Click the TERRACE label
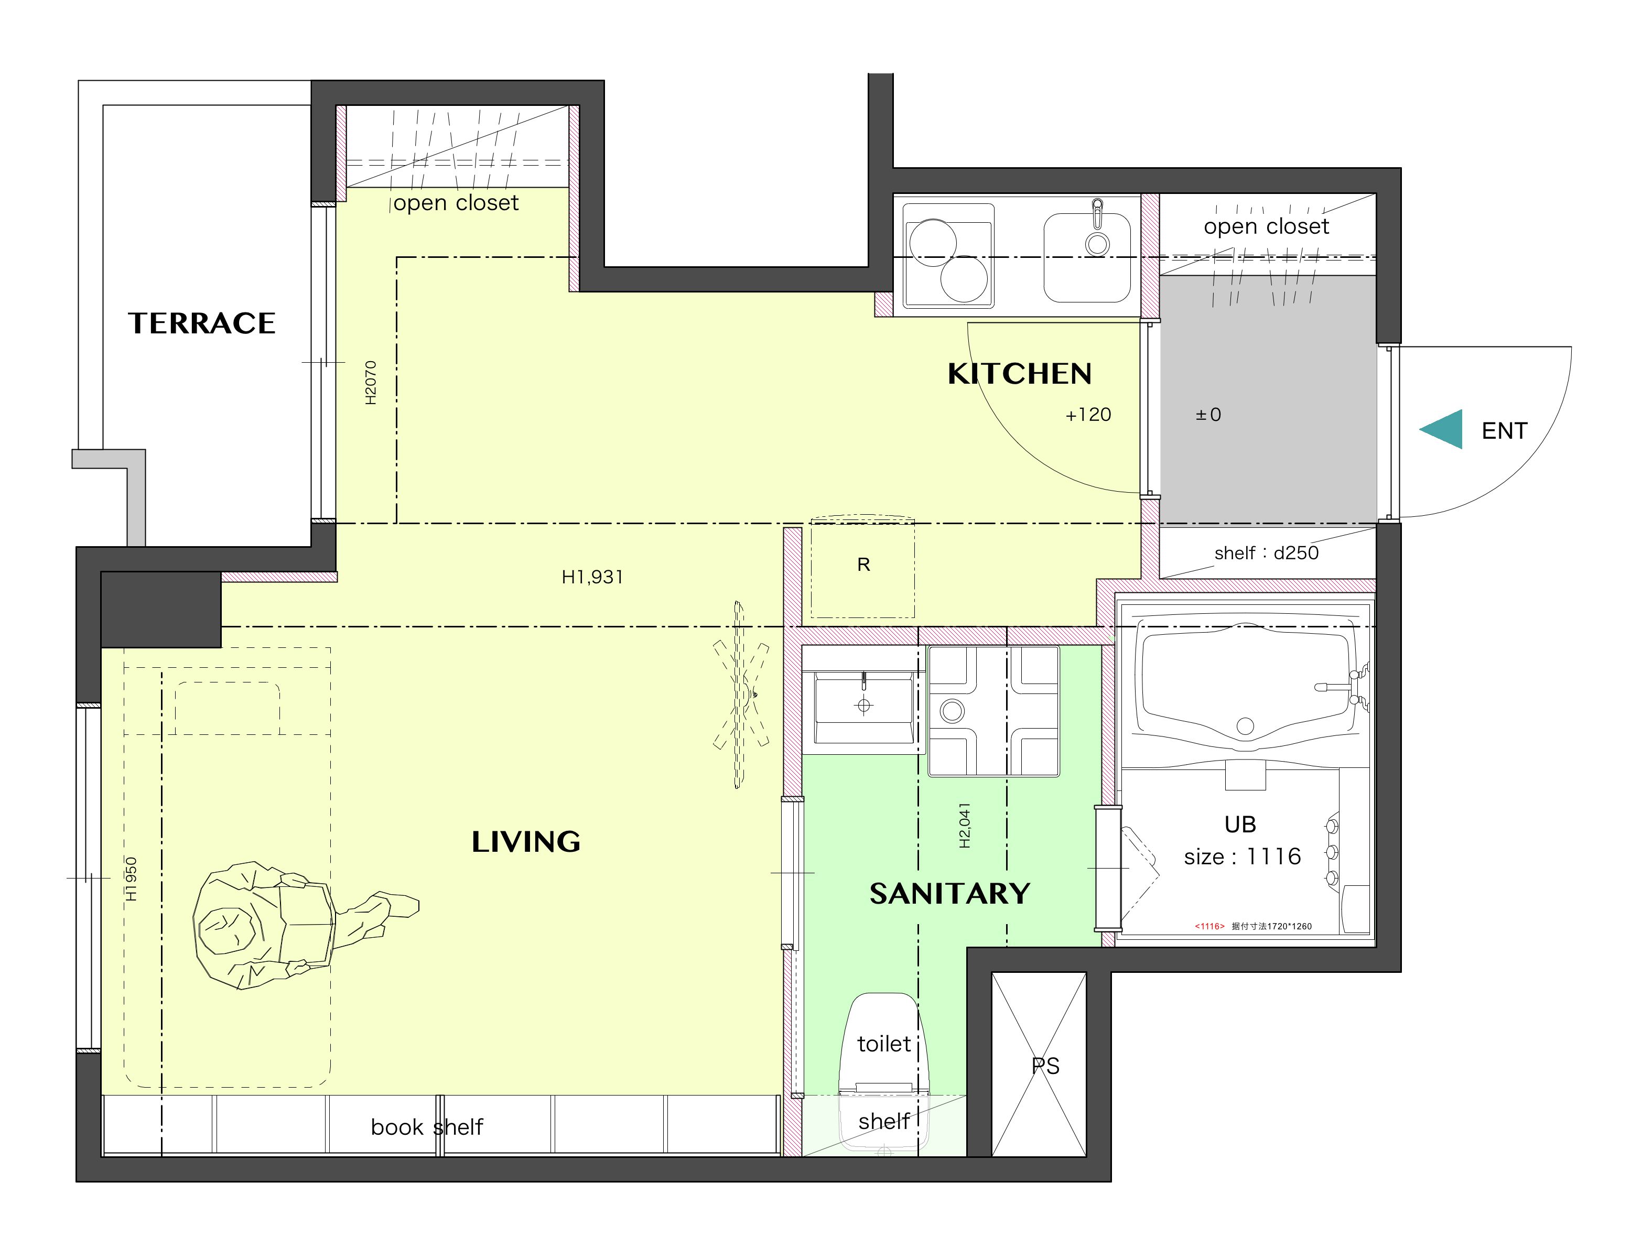click(x=201, y=323)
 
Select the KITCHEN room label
click(x=1019, y=373)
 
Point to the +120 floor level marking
click(x=1088, y=415)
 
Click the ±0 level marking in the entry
click(x=1208, y=415)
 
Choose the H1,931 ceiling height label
click(x=592, y=577)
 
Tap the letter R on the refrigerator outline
click(x=863, y=565)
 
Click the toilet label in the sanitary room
click(x=883, y=1044)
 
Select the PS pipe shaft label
click(x=1045, y=1066)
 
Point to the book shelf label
click(x=427, y=1127)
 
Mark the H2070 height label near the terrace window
click(x=371, y=382)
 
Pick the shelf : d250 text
click(x=1267, y=552)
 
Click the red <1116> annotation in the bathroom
click(x=1209, y=926)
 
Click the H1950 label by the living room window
click(x=132, y=880)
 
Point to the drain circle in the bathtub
click(x=1245, y=726)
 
